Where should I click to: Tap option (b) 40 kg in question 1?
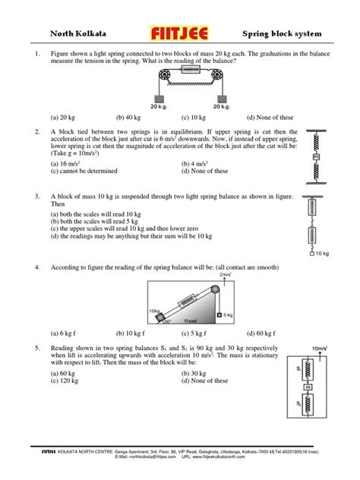pos(131,118)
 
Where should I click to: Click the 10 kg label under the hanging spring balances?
pos(321,253)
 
